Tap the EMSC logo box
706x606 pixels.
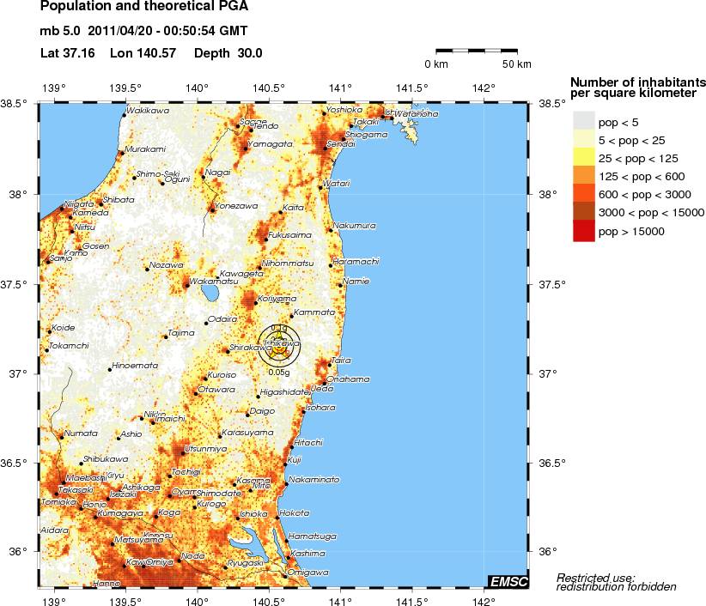(x=507, y=582)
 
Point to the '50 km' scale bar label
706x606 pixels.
(x=517, y=64)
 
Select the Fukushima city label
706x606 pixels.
(x=289, y=234)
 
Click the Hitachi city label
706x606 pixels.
(x=307, y=442)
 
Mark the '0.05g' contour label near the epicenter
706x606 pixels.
(x=277, y=372)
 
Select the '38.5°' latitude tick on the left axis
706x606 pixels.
(x=17, y=104)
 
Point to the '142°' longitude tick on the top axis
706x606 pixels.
(x=483, y=88)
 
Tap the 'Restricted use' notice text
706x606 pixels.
(x=596, y=577)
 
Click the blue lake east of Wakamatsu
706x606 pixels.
(x=209, y=294)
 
